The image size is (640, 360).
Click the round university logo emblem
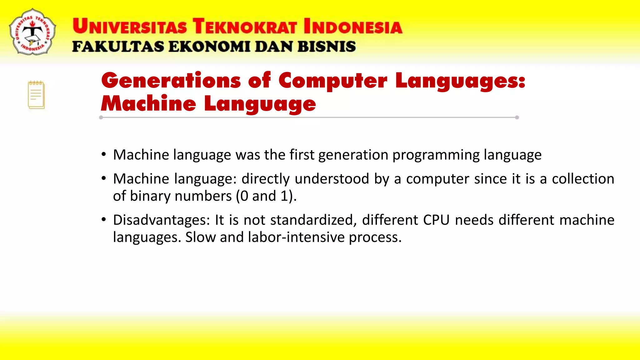32,32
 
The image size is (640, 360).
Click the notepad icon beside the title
36,95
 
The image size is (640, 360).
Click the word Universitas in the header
130,26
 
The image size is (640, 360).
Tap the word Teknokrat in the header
245,26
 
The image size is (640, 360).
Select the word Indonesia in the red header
353,26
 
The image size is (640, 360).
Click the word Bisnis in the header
327,47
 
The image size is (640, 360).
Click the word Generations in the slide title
171,81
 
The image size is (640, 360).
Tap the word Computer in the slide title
333,81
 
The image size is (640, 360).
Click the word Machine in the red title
148,104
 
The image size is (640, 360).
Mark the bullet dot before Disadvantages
104,219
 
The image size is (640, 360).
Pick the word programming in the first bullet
436,155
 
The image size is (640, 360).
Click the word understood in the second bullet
332,179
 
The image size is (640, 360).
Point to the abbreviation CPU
436,220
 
